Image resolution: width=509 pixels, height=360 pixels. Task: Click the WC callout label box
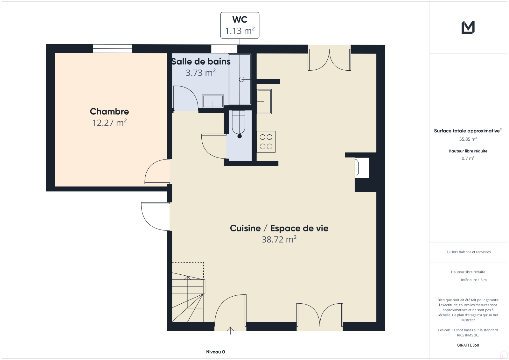coord(240,25)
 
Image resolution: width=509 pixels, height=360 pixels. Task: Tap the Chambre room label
coord(109,111)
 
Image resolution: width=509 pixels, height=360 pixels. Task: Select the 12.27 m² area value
coord(109,123)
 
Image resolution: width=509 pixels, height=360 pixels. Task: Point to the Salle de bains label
coord(201,61)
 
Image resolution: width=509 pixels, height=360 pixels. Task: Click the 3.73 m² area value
coord(201,73)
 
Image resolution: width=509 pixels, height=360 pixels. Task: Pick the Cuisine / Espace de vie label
coord(279,228)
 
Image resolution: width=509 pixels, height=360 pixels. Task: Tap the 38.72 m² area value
coord(279,239)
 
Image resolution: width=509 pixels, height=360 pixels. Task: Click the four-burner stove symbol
coord(266,142)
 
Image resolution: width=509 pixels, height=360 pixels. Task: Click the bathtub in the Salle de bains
coord(240,79)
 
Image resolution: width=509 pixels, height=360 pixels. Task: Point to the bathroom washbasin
coord(213,101)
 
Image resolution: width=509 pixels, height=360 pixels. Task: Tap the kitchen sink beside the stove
coord(264,102)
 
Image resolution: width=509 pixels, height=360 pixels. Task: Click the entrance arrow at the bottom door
coord(230,330)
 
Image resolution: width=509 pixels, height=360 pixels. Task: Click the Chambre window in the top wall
coord(112,49)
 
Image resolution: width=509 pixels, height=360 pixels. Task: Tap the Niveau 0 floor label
coord(215,352)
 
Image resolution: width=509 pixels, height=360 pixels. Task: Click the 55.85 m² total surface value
coord(468,139)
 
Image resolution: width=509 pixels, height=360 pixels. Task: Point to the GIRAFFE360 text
coord(468,345)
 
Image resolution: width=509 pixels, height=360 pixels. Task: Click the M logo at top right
coord(468,27)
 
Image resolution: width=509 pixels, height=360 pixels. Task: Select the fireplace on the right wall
coord(362,168)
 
